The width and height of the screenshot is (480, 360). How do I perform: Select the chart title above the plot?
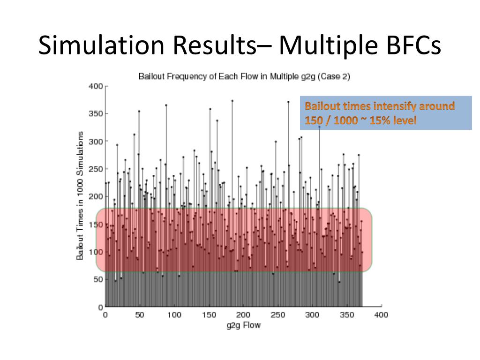[244, 76]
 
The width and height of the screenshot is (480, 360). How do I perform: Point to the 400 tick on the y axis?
[96, 86]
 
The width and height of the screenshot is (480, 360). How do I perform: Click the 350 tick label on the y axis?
[96, 114]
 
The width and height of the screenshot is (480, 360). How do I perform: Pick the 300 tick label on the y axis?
[96, 141]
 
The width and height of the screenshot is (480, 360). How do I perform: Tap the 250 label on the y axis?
[96, 169]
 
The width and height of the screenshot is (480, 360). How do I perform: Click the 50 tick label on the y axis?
[97, 279]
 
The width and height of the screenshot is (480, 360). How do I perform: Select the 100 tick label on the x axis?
[174, 315]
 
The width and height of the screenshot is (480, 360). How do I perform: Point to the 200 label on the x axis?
[243, 315]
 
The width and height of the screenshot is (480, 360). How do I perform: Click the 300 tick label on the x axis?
[312, 315]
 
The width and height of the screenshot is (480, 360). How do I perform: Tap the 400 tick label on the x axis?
[381, 315]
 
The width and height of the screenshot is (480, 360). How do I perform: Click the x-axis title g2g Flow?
[243, 325]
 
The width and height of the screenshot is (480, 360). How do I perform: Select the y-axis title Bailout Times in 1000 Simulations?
[80, 195]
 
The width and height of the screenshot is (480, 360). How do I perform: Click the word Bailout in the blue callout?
[322, 106]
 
